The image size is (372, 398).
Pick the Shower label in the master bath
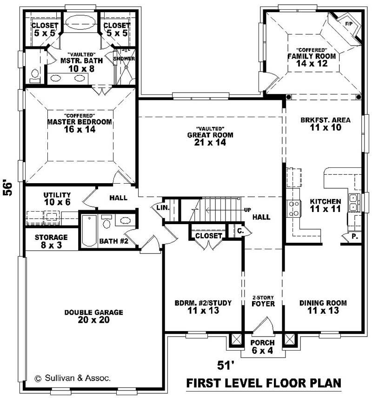pos(124,59)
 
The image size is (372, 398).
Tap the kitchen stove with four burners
pos(294,208)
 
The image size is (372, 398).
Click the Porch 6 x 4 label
pos(263,347)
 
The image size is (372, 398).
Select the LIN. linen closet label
pos(162,207)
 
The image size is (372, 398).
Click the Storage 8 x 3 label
pos(52,240)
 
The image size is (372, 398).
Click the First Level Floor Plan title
pos(263,383)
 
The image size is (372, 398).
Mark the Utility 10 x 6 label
pos(57,198)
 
